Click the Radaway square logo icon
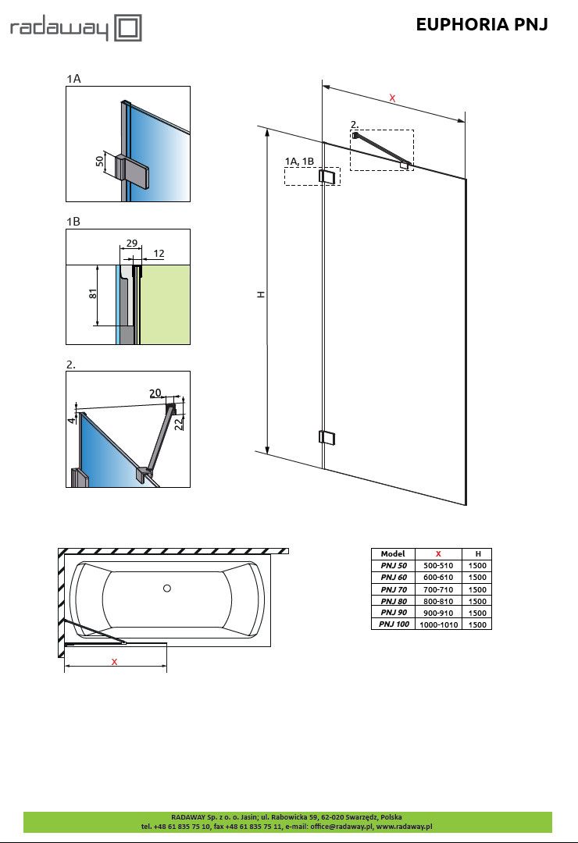point(128,29)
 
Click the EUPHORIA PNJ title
point(481,25)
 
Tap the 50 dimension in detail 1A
point(100,161)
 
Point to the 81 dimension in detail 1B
point(92,294)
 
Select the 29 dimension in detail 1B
point(131,244)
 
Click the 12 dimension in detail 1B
point(159,254)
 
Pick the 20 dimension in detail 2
point(155,393)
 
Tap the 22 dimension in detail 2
point(178,422)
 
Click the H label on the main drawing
point(262,295)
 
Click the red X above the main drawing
point(392,98)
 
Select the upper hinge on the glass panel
point(328,177)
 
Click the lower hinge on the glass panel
point(327,437)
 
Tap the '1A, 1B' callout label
point(299,161)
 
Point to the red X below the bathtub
point(114,661)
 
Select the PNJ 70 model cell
point(393,589)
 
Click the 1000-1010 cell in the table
point(438,624)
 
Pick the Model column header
point(393,553)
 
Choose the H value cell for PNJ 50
point(477,565)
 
